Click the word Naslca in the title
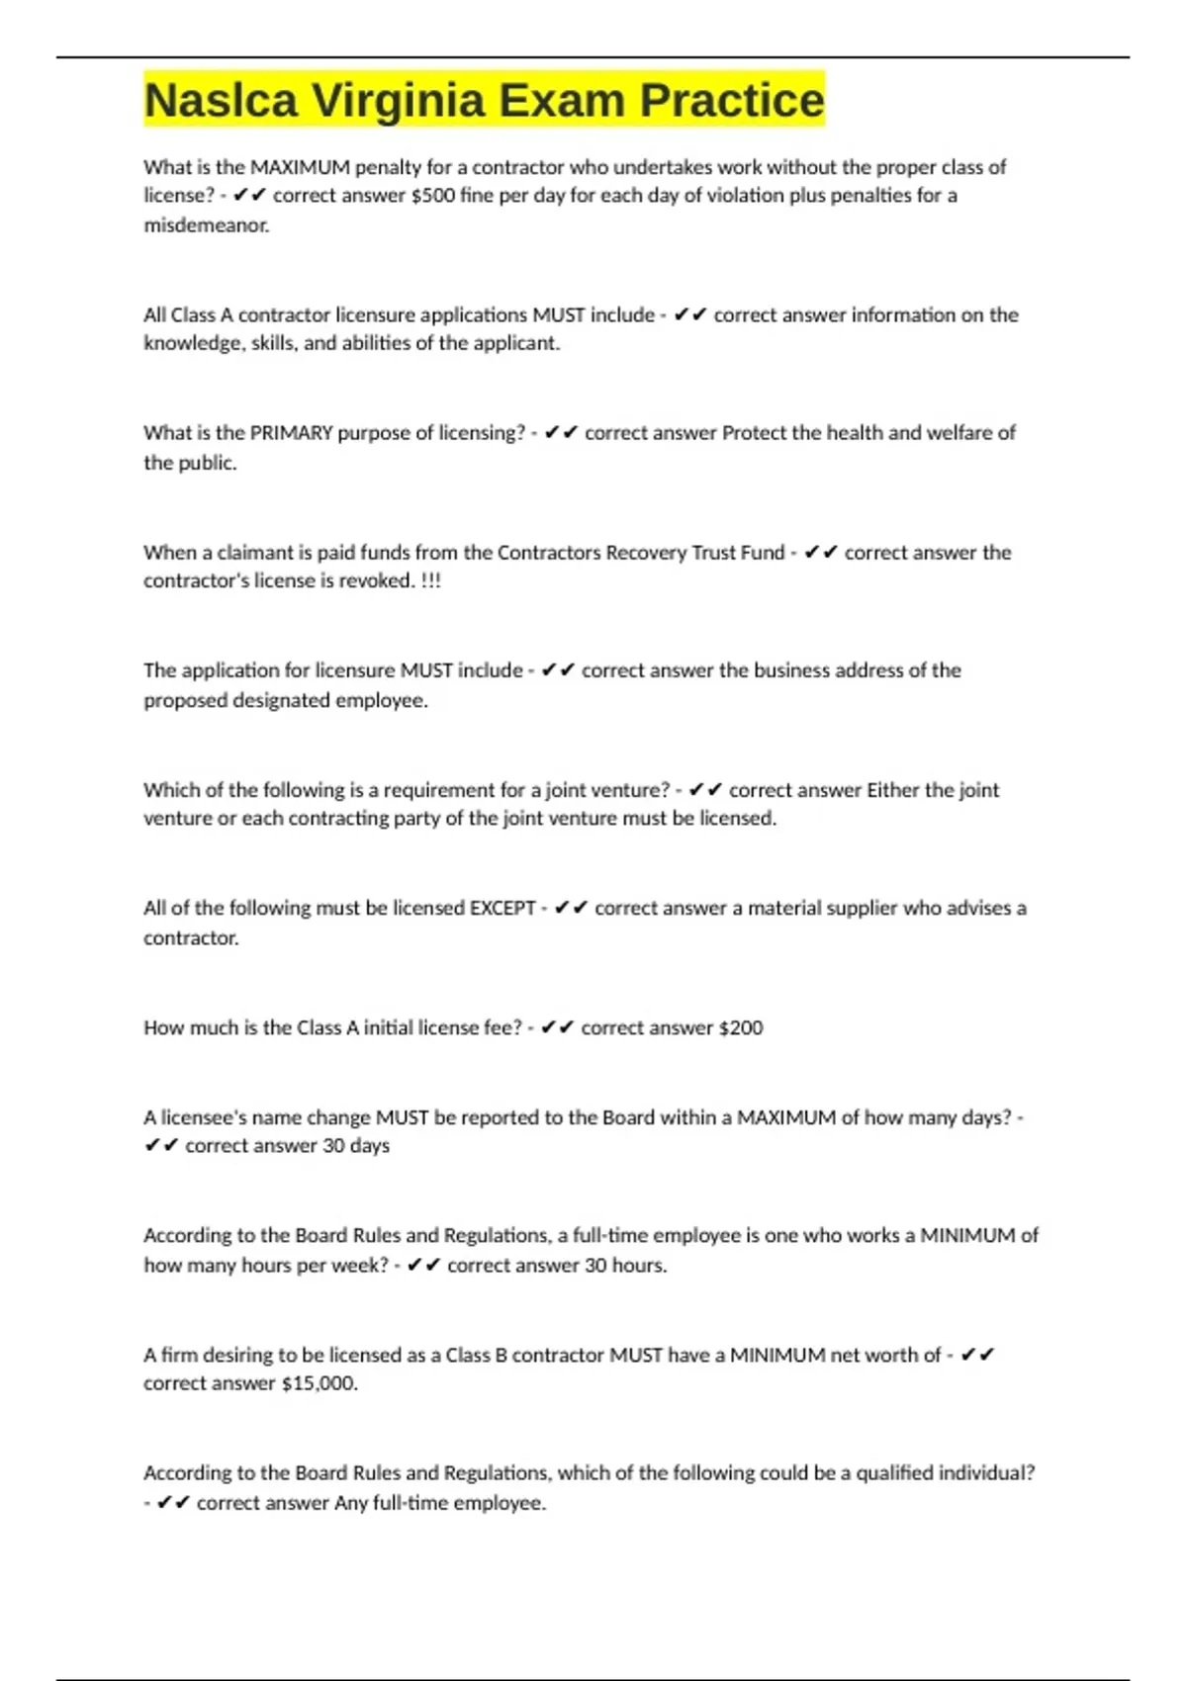(x=221, y=100)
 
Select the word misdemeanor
(x=206, y=225)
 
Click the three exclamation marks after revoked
(x=431, y=580)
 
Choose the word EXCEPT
(x=502, y=908)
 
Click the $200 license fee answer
(x=741, y=1027)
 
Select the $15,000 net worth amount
(x=319, y=1383)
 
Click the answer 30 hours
(x=625, y=1265)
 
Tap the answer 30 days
(x=356, y=1145)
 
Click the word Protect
(x=754, y=433)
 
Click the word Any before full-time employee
(x=351, y=1503)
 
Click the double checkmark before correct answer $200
(x=557, y=1027)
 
